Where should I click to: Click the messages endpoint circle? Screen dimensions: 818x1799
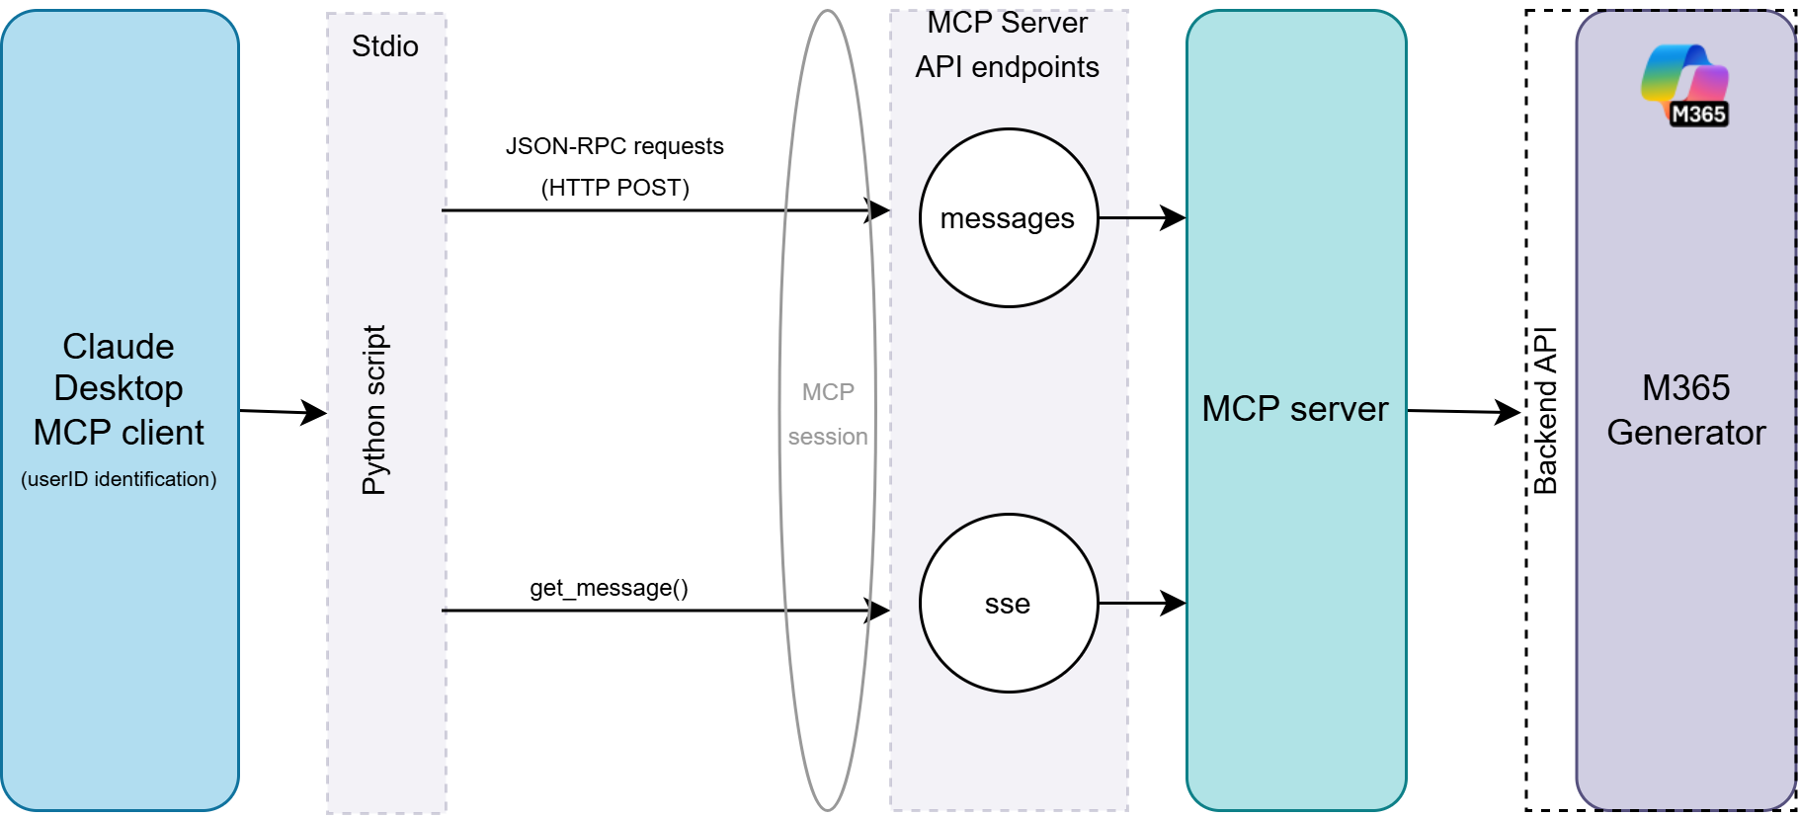[1008, 218]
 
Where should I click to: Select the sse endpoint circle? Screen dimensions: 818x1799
[1008, 604]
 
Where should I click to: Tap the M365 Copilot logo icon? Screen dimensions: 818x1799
[1685, 86]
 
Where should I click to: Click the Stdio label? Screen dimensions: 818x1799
[385, 46]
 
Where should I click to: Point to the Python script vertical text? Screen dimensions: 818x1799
[374, 410]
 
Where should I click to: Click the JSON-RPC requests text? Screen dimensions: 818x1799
[614, 146]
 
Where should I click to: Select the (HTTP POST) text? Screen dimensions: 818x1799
[614, 188]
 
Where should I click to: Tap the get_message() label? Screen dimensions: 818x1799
[609, 588]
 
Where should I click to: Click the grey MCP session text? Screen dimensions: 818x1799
[828, 415]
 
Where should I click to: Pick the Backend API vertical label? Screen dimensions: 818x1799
[1545, 410]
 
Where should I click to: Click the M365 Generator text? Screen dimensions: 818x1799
[1685, 410]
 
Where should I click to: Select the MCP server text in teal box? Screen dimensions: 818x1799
[1294, 409]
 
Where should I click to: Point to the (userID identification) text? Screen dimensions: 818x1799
[119, 479]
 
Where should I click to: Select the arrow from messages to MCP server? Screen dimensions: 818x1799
[1142, 217]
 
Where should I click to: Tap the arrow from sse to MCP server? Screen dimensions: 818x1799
[1142, 603]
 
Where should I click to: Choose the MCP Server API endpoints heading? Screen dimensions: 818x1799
[1008, 45]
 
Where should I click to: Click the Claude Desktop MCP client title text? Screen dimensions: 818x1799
[119, 389]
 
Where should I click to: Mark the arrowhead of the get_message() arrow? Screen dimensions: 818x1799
[878, 611]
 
